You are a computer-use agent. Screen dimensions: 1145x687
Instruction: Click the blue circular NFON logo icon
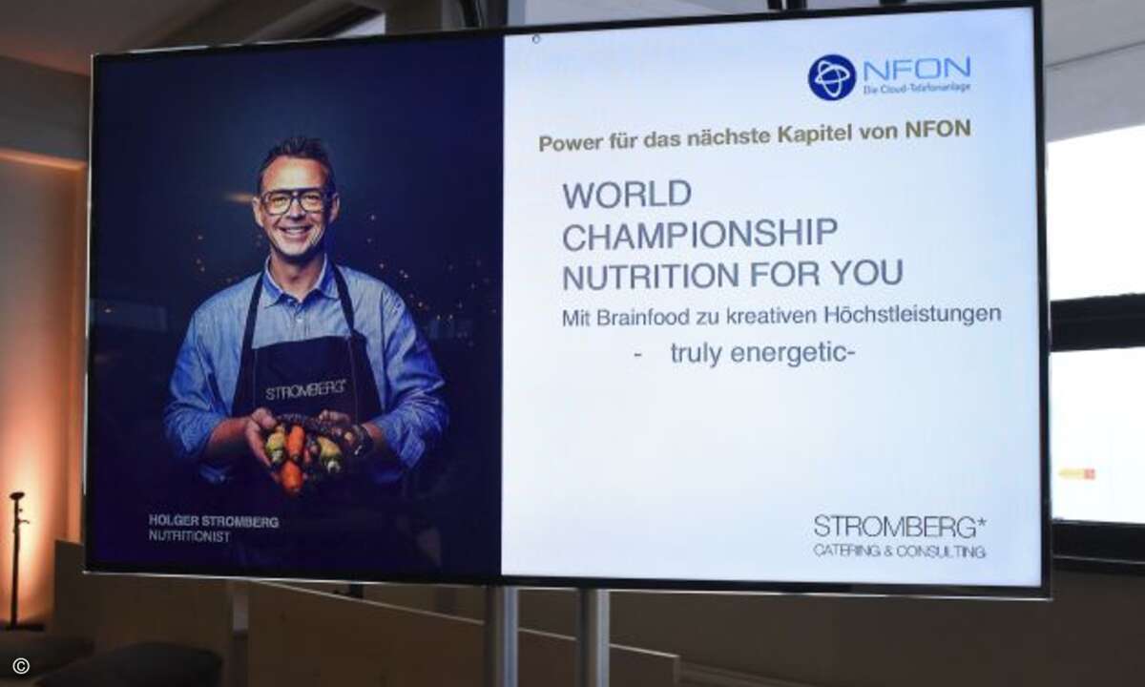pyautogui.click(x=832, y=77)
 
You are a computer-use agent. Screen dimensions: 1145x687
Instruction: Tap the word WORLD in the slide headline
pyautogui.click(x=627, y=195)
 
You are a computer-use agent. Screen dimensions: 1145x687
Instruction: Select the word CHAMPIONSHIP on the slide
pyautogui.click(x=699, y=235)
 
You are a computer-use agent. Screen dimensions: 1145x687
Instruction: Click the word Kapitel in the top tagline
pyautogui.click(x=815, y=134)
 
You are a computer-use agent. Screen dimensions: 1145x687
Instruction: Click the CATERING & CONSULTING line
pyautogui.click(x=899, y=552)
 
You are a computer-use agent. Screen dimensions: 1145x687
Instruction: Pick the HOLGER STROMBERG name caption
pyautogui.click(x=214, y=521)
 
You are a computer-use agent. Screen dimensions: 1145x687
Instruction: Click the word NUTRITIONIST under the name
pyautogui.click(x=189, y=536)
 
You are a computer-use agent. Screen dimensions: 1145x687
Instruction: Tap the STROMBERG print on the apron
pyautogui.click(x=305, y=390)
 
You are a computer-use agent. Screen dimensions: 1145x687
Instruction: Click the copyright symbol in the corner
pyautogui.click(x=21, y=666)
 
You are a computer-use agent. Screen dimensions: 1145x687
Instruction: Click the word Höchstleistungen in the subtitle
pyautogui.click(x=912, y=314)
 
